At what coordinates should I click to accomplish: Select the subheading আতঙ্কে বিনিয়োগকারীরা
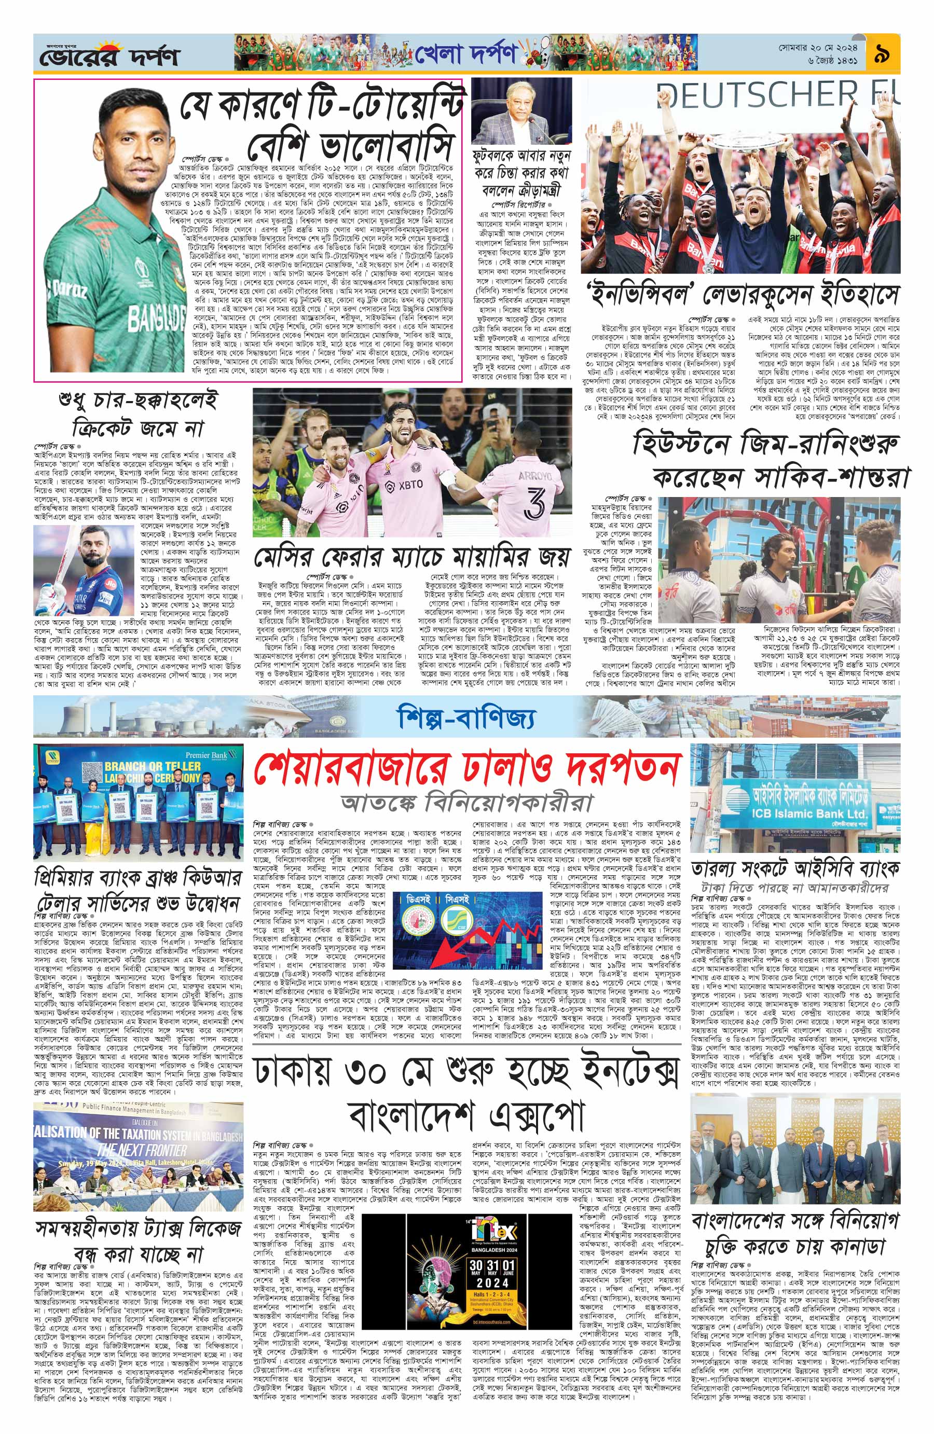[x=467, y=803]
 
